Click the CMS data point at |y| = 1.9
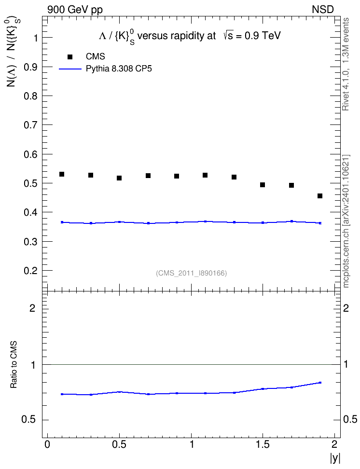pyautogui.click(x=320, y=196)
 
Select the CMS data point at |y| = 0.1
pyautogui.click(x=62, y=174)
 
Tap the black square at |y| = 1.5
pyautogui.click(x=263, y=185)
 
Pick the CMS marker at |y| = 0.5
pyautogui.click(x=119, y=178)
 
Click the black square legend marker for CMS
pyautogui.click(x=70, y=57)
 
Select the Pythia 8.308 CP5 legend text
pyautogui.click(x=119, y=69)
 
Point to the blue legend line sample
pyautogui.click(x=70, y=69)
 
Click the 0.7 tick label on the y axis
pyautogui.click(x=30, y=125)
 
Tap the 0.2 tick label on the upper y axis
pyautogui.click(x=30, y=271)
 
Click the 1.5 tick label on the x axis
pyautogui.click(x=263, y=444)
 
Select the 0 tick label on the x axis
pyautogui.click(x=47, y=444)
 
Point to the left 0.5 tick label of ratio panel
pyautogui.click(x=28, y=420)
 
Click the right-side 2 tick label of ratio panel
pyautogui.click(x=346, y=308)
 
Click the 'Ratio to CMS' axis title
pyautogui.click(x=14, y=364)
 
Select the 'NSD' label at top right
pyautogui.click(x=323, y=10)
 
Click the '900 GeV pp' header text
pyautogui.click(x=75, y=10)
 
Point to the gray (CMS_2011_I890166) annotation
pyautogui.click(x=192, y=273)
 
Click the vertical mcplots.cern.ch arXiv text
pyautogui.click(x=346, y=221)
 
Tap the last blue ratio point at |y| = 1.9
pyautogui.click(x=320, y=383)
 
